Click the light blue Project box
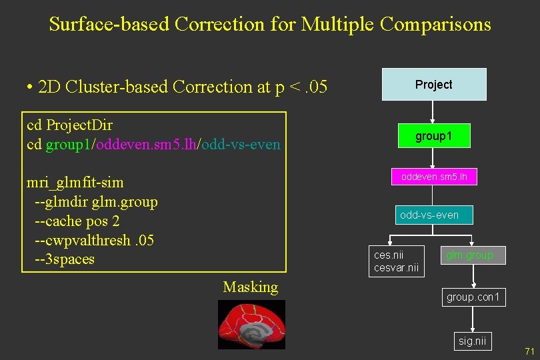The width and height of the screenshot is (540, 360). (x=433, y=84)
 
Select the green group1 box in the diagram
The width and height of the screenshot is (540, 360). (x=433, y=136)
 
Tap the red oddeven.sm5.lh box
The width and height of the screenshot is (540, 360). (x=433, y=177)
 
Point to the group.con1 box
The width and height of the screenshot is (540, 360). (x=473, y=297)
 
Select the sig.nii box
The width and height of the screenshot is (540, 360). (x=473, y=341)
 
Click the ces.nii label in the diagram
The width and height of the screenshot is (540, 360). (x=389, y=255)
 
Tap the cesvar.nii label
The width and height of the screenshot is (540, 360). (x=396, y=267)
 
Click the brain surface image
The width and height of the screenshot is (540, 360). (x=251, y=324)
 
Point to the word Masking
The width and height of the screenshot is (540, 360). (x=250, y=287)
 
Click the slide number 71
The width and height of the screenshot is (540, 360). (x=530, y=351)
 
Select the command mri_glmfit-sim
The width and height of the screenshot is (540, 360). (x=75, y=183)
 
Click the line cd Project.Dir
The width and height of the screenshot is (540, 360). (x=69, y=125)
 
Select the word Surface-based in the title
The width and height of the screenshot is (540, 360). (x=109, y=25)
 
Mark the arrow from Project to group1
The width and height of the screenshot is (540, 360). (x=433, y=111)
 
